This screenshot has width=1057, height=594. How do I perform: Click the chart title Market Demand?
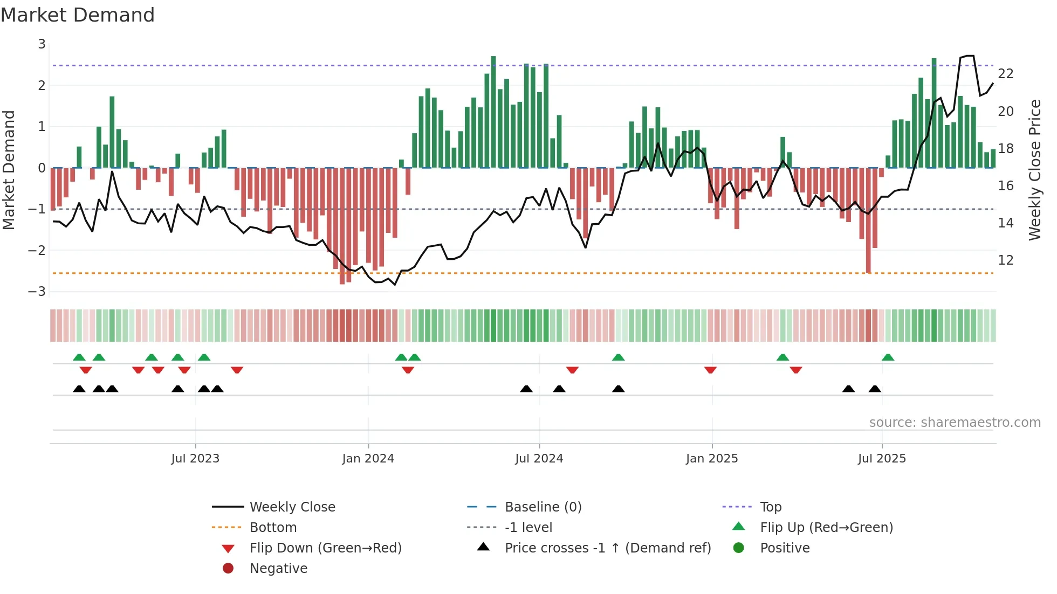point(78,15)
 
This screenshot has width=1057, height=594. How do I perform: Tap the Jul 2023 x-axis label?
point(195,459)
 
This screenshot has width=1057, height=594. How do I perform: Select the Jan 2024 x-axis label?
point(368,459)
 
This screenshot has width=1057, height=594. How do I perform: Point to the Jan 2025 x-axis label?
point(712,459)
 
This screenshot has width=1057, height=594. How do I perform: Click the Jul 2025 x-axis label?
point(882,459)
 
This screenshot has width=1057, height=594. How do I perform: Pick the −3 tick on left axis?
point(37,292)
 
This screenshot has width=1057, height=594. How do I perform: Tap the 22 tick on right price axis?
point(1006,74)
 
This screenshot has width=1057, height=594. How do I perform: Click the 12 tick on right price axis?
point(1006,260)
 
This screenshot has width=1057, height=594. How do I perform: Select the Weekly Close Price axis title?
point(1034,170)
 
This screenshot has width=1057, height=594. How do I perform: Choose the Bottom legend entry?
point(273,528)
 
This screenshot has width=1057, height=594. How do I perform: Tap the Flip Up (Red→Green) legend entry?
point(826,528)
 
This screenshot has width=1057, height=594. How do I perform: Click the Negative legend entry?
point(278,569)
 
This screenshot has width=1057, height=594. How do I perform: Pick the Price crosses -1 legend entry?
point(607,548)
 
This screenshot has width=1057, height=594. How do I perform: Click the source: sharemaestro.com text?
point(955,423)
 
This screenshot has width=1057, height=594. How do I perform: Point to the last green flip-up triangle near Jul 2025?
point(888,357)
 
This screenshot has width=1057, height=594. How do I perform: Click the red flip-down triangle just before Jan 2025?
point(710,370)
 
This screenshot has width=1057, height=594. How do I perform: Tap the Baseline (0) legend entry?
point(543,507)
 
